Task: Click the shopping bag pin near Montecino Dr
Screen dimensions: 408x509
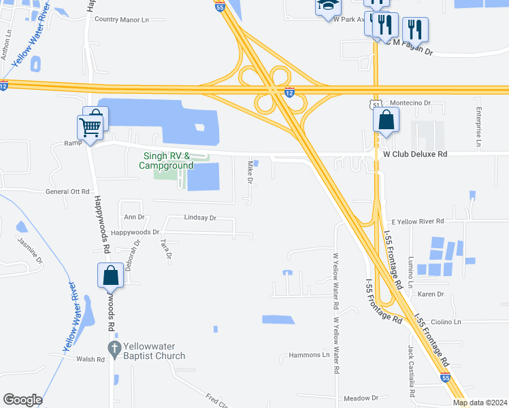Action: point(386,120)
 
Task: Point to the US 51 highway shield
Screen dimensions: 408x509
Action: point(376,103)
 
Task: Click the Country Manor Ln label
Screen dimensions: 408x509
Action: point(121,20)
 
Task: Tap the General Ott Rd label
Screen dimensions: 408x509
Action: point(67,192)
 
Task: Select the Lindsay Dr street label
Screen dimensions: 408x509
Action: point(199,218)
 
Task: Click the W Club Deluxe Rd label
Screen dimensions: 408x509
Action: point(415,154)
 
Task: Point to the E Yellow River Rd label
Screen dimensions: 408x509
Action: point(417,221)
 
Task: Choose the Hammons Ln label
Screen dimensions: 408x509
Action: point(309,355)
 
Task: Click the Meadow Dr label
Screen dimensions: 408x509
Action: point(361,398)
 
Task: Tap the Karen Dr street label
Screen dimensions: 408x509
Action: point(430,294)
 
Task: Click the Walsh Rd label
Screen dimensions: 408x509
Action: point(90,359)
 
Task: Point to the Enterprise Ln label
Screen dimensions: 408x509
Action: point(479,127)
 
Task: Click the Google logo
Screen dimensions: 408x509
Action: point(22,400)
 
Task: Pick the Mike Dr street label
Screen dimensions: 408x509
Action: point(250,169)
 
